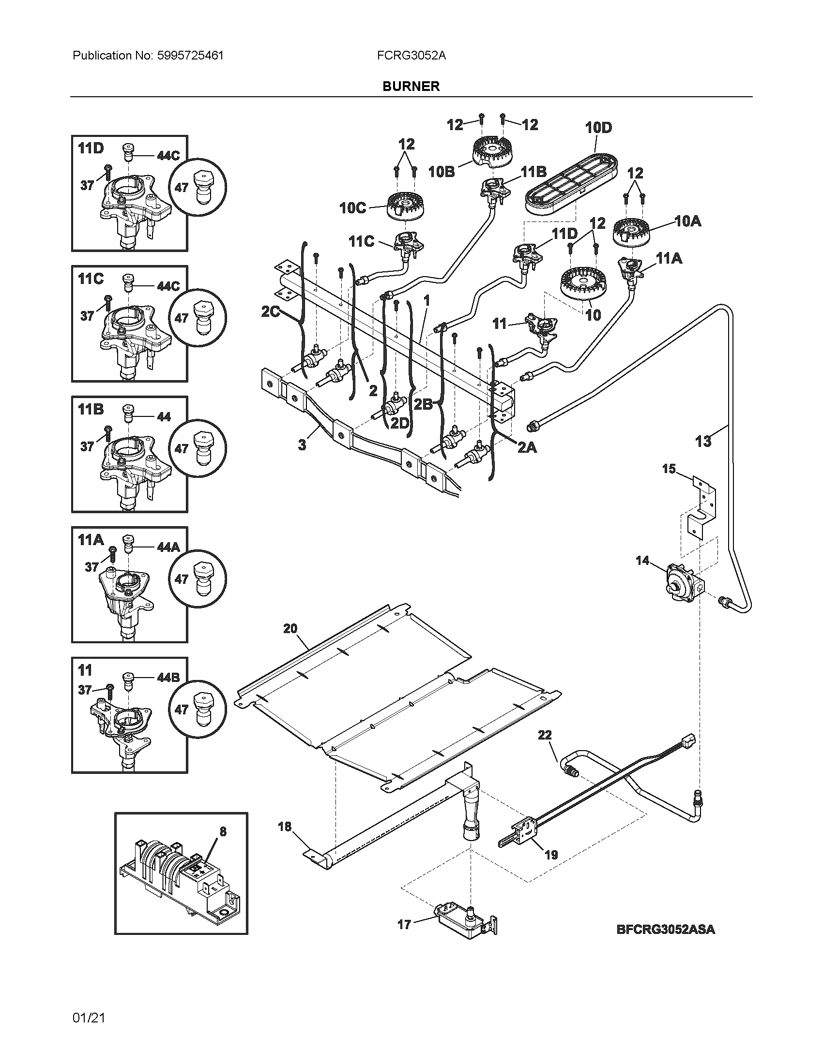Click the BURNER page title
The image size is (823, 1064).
(411, 86)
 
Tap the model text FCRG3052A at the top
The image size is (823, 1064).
(411, 56)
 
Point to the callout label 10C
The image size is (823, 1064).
(352, 208)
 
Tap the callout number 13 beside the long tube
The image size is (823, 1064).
(702, 442)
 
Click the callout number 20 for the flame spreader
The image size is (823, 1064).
(290, 629)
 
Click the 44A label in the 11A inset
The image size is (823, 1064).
(168, 547)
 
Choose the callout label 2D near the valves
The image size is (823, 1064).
(399, 423)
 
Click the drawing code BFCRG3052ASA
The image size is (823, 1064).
(665, 929)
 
